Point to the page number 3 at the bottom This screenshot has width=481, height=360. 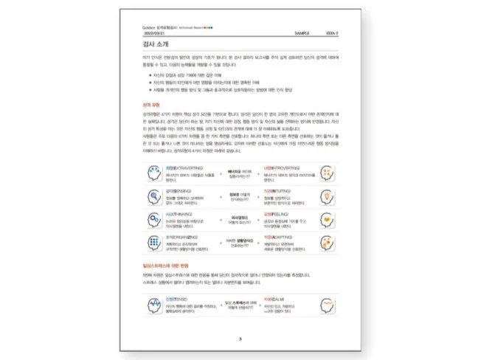point(240,339)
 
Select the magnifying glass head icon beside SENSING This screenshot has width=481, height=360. point(153,197)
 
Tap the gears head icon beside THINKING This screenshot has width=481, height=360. point(153,219)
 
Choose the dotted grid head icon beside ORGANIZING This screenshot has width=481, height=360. point(153,243)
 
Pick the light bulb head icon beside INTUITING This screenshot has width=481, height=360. point(328,197)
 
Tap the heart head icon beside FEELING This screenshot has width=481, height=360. point(328,219)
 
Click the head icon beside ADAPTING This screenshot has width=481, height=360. point(328,243)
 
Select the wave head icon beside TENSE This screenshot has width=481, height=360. point(153,304)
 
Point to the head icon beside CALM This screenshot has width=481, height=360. point(328,304)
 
